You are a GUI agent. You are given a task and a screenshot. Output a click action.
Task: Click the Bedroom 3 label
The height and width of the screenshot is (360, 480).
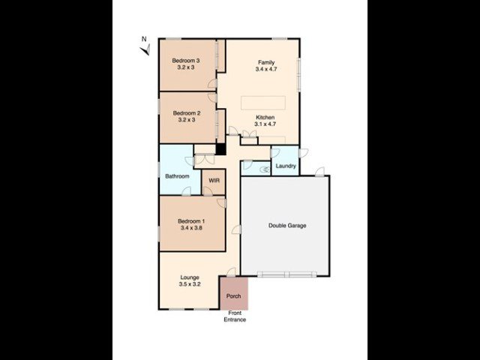(x=185, y=60)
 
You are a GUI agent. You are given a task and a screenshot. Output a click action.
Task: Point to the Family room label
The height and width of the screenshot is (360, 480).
(x=266, y=62)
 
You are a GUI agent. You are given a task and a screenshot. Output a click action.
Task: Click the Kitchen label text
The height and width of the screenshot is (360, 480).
(x=265, y=118)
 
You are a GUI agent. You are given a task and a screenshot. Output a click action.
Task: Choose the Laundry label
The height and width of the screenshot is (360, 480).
(x=285, y=166)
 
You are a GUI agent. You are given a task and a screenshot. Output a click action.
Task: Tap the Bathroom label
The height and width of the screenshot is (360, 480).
(x=178, y=176)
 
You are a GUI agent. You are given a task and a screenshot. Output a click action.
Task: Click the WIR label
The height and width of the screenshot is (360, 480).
(x=214, y=181)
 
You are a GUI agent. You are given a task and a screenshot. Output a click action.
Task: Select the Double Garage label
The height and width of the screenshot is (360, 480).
(x=287, y=225)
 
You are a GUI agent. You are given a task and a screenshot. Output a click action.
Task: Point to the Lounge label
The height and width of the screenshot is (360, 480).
(x=190, y=277)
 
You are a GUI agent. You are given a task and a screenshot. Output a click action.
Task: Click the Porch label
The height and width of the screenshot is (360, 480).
(x=233, y=296)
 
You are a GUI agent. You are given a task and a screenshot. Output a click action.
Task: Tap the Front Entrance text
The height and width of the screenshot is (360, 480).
(x=235, y=316)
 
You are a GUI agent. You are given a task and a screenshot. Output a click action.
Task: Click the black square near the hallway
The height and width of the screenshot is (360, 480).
(x=220, y=148)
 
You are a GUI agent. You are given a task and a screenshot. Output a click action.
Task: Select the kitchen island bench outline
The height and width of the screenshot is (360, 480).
(x=263, y=103)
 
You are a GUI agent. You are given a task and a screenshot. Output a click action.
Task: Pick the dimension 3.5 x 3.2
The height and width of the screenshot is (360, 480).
(x=190, y=285)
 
